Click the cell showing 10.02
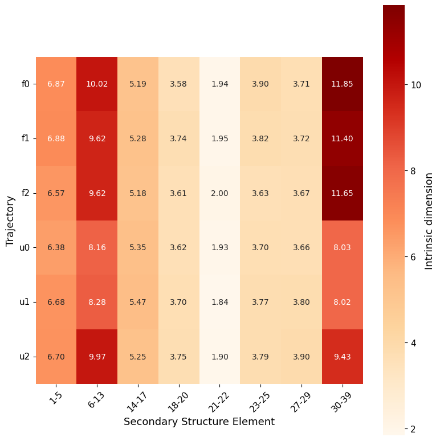tap(97, 84)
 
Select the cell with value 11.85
tap(343, 84)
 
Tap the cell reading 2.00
tap(219, 193)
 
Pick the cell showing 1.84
tap(219, 302)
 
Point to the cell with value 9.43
tap(343, 357)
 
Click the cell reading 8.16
tap(97, 248)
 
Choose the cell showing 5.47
tap(138, 302)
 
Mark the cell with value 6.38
tap(56, 248)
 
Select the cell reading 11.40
tap(343, 138)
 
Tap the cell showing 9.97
tap(97, 357)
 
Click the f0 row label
tap(25, 84)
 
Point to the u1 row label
tap(25, 302)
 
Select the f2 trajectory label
tap(25, 193)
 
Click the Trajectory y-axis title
tap(10, 220)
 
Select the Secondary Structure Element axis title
tap(199, 422)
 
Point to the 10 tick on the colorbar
tap(417, 85)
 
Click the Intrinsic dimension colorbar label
tap(429, 220)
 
